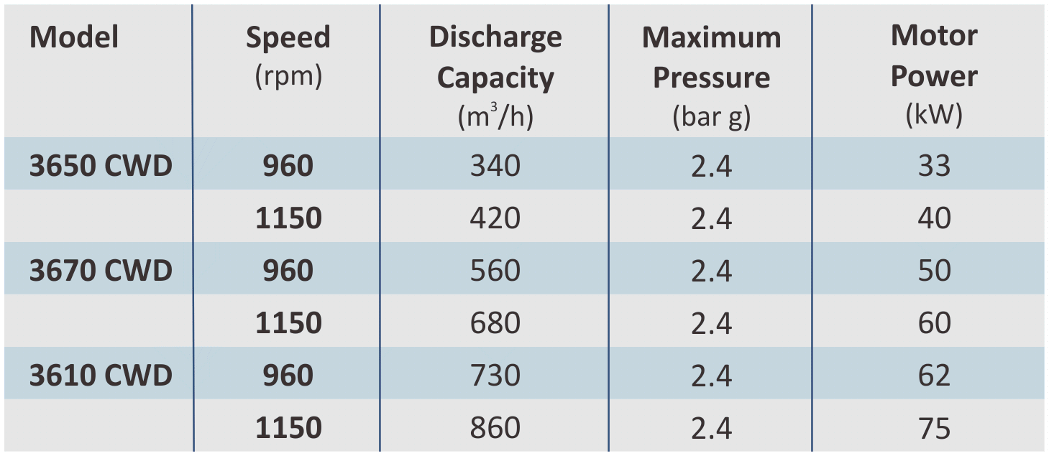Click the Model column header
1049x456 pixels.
point(74,37)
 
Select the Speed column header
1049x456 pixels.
point(288,37)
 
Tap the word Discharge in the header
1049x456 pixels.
point(495,37)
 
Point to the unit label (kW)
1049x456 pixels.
point(934,115)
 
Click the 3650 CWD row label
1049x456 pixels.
point(101,166)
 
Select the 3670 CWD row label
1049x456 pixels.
point(101,271)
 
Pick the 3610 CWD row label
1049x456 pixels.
point(101,376)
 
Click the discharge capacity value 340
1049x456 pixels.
point(495,166)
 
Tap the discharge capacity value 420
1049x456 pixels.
point(495,218)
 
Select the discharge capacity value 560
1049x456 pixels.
point(495,271)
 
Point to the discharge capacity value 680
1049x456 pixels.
point(495,323)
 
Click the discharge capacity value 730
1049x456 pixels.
point(495,376)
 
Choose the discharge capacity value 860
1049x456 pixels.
point(495,428)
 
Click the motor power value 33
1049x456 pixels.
point(934,166)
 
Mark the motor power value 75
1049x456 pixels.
point(934,428)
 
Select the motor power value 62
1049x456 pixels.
point(934,376)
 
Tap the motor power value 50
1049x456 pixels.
point(934,271)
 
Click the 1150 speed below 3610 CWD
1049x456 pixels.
point(288,428)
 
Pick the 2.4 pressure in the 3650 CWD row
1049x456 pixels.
point(711,166)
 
